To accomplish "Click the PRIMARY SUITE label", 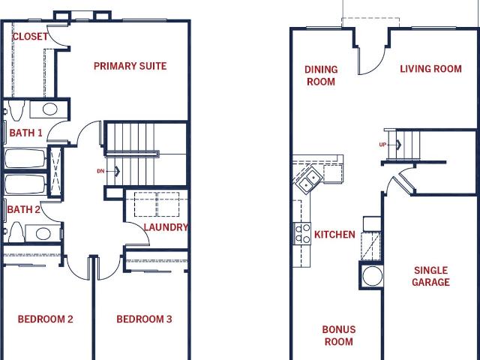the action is (130, 66).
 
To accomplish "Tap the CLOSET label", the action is (30, 37).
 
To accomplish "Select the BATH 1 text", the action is (25, 133).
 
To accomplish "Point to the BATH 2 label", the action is (23, 210).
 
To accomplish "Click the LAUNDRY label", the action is (166, 227).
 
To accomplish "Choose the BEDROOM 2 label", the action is (45, 319).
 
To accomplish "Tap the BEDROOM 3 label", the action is (144, 319).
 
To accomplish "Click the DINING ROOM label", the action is (321, 76).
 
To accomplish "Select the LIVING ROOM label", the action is (430, 69).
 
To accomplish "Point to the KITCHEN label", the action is (334, 235).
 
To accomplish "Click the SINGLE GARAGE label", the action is (430, 276).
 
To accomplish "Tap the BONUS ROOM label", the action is (339, 335).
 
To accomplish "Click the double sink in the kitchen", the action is (309, 181).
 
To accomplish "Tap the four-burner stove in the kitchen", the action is (302, 233).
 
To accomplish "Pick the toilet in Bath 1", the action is (15, 110).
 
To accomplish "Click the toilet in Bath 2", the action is (16, 232).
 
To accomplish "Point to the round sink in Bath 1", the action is (50, 109).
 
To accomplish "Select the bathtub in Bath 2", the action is (25, 184).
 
